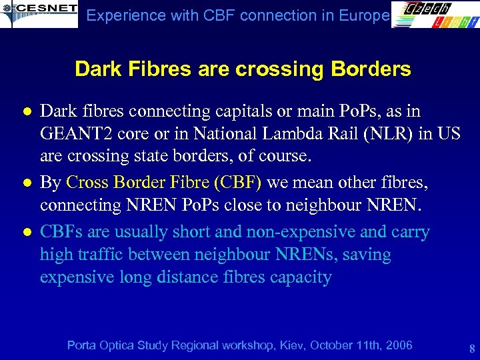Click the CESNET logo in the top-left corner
pos(39,13)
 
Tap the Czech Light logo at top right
pos(434,14)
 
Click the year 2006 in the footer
pos(398,345)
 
